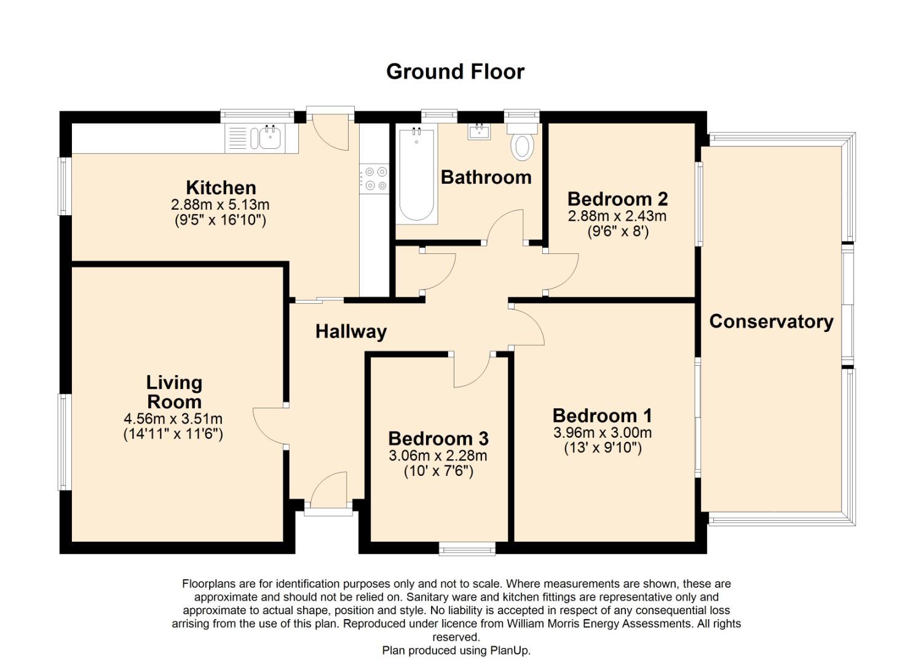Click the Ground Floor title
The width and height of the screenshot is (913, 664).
coord(456,72)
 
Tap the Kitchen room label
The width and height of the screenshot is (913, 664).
coord(221,188)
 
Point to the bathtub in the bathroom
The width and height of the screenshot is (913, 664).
coord(416,174)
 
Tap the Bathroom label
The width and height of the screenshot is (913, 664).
coord(486,177)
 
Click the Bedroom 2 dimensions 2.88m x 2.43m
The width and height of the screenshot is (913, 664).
coord(617,216)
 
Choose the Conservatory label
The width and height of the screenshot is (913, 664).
coord(771,322)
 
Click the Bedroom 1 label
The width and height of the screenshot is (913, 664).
coord(603,416)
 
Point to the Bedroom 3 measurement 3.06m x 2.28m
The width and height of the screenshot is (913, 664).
coord(438,456)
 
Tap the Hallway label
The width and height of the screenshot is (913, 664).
coord(351,332)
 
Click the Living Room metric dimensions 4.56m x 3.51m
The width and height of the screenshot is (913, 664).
coord(173,419)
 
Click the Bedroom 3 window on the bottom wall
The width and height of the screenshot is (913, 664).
coord(467,548)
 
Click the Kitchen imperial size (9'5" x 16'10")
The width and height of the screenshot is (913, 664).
coord(221,221)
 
